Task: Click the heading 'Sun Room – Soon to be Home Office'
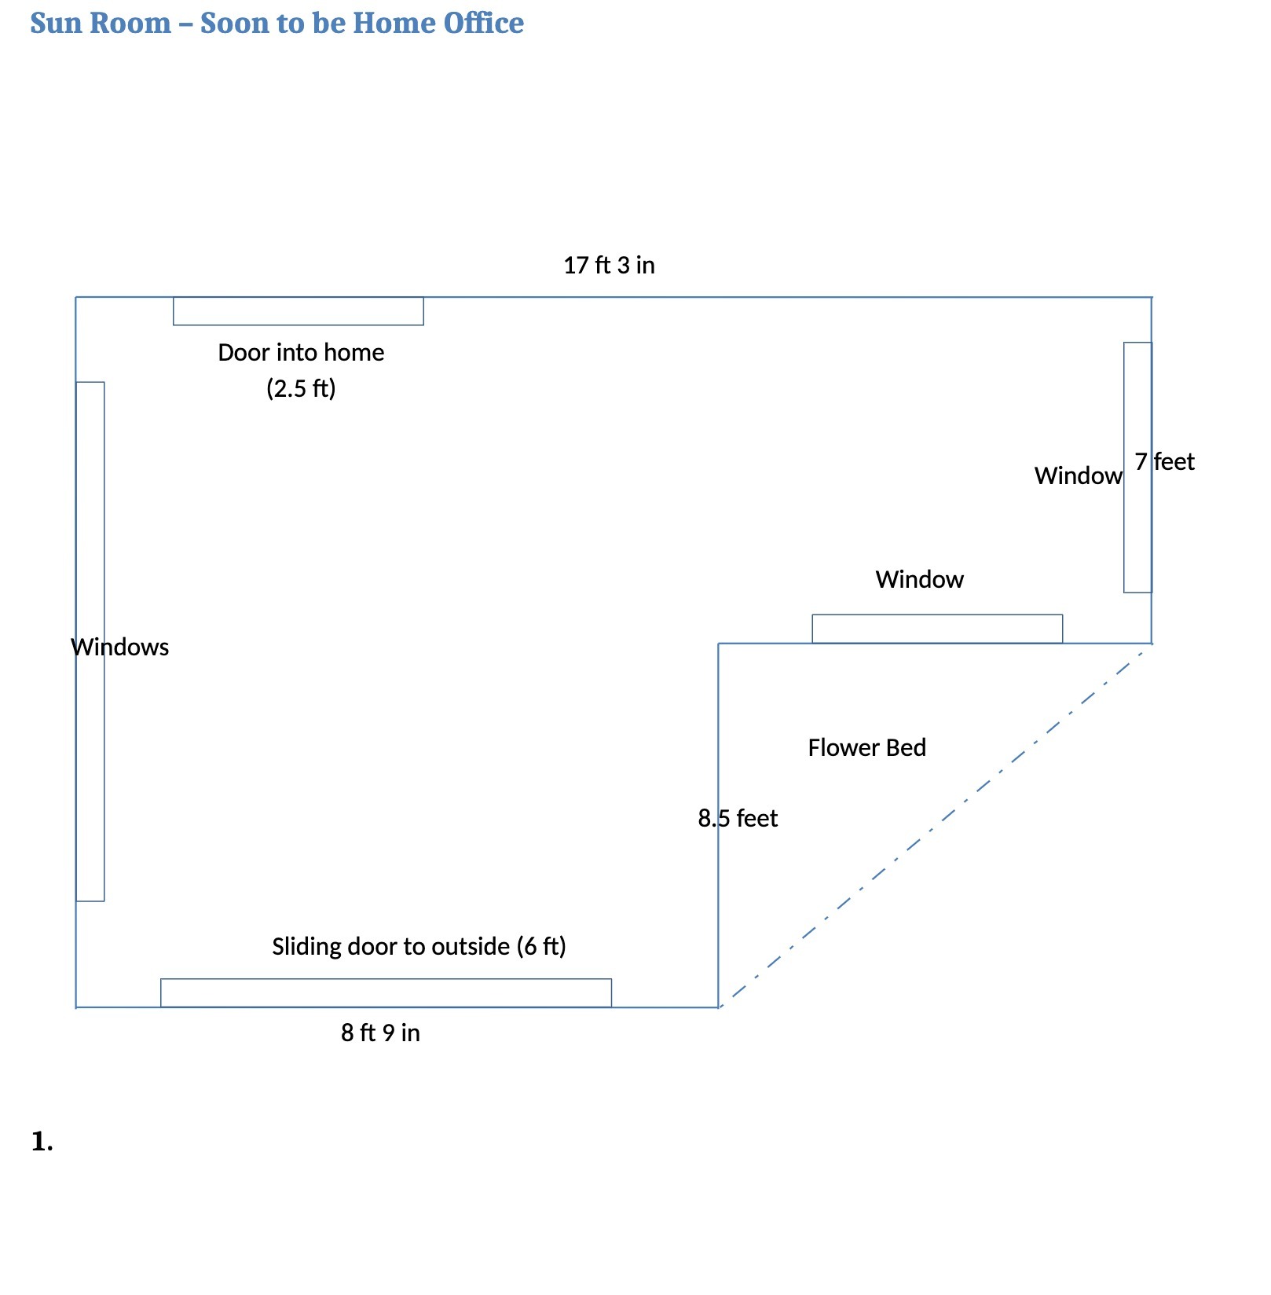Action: click(277, 23)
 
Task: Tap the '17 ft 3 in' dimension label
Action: click(609, 266)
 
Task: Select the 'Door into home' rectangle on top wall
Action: click(299, 311)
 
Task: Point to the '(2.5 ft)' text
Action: click(301, 388)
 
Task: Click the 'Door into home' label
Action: click(301, 353)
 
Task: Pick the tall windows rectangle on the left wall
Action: click(90, 641)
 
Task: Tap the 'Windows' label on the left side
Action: click(120, 647)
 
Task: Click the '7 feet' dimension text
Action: click(1164, 462)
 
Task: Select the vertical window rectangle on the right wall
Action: click(1137, 468)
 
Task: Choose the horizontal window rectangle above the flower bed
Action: click(937, 629)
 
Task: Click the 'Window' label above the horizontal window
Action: click(920, 580)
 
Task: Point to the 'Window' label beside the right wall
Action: click(1079, 476)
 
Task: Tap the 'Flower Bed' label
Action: click(867, 748)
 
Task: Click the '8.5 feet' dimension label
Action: click(738, 819)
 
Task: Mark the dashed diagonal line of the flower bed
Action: click(936, 825)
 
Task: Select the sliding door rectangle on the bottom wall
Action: click(386, 993)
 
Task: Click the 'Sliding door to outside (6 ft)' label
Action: click(419, 947)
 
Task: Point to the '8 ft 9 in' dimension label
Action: click(380, 1033)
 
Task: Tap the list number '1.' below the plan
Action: click(42, 1142)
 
